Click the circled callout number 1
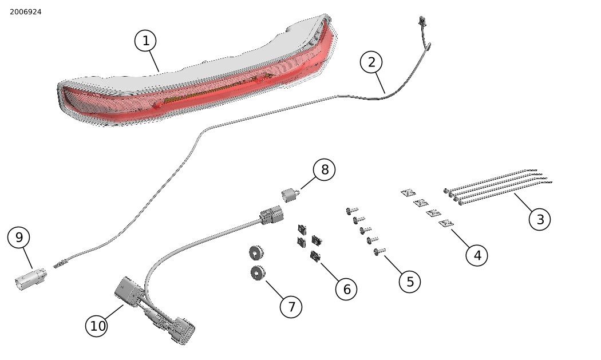coord(146,41)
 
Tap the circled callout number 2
coord(371,62)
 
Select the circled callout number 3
coord(539,219)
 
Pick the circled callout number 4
coord(477,255)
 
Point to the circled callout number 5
coord(410,281)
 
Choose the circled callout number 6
coord(346,289)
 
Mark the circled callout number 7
coord(291,307)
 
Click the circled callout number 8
coord(325,169)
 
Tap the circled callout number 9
coord(19,237)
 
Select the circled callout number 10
coord(98,326)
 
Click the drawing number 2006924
coord(26,12)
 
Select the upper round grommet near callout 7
coord(256,252)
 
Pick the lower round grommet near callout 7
coord(258,273)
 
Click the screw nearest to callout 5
coord(378,251)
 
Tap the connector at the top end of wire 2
coord(422,22)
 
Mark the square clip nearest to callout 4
coord(446,223)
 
